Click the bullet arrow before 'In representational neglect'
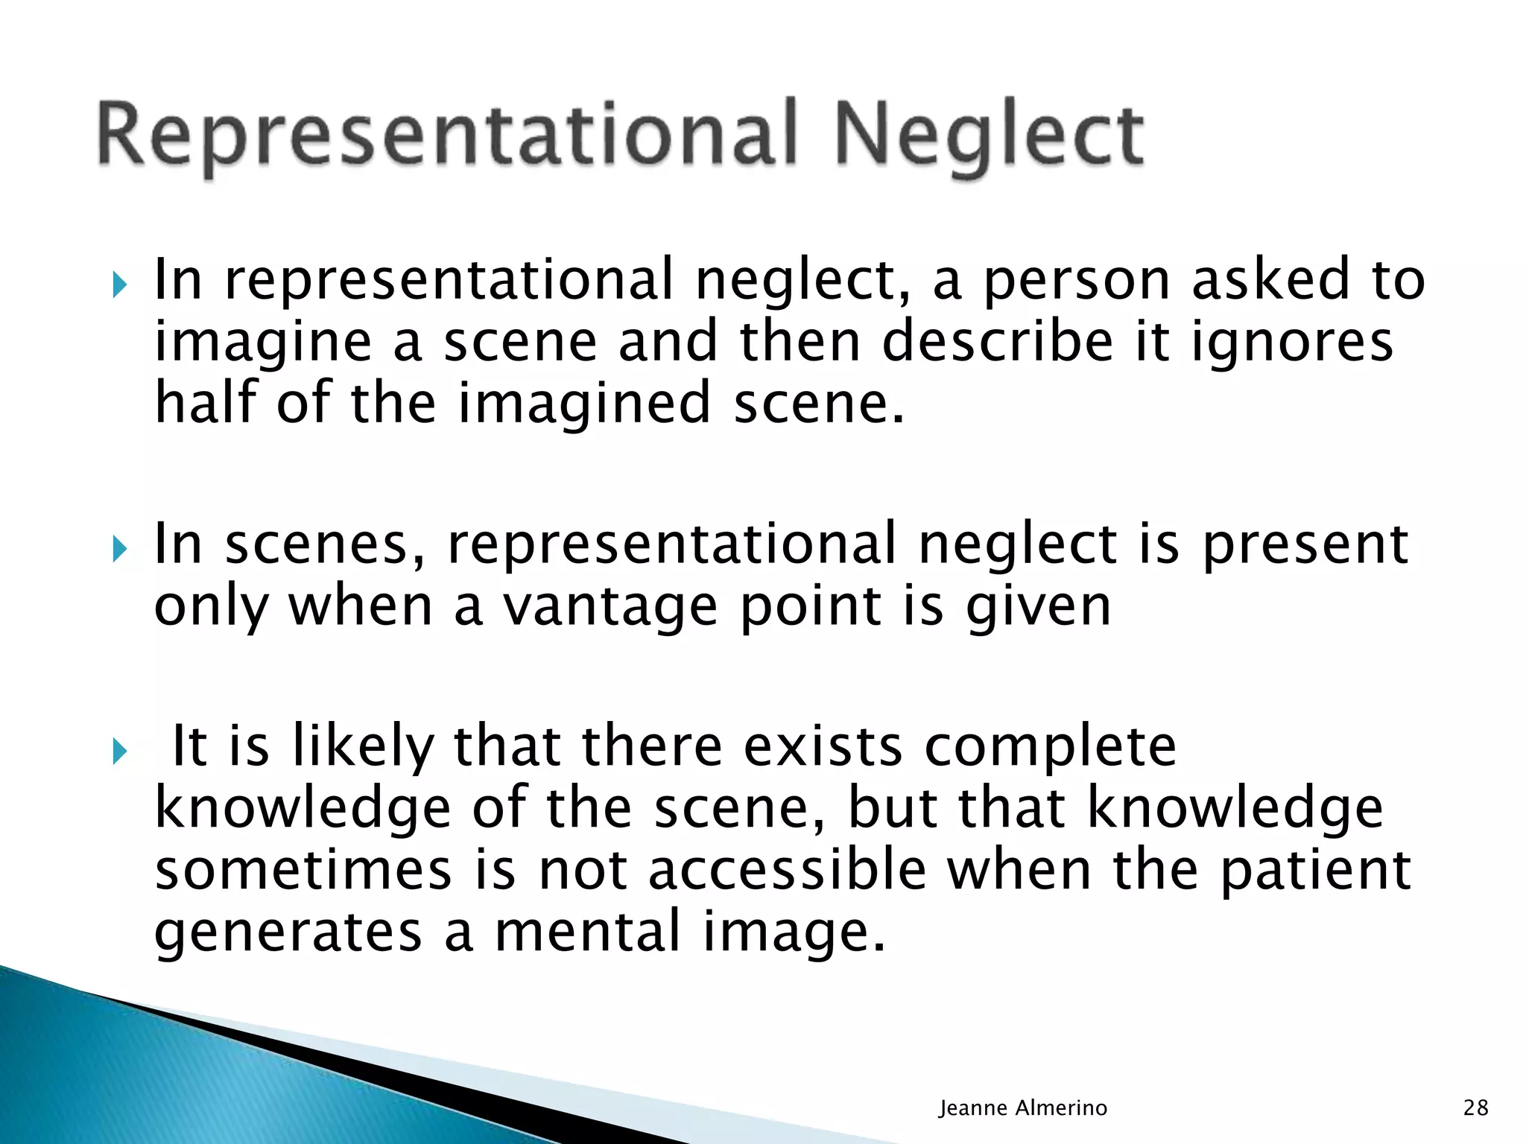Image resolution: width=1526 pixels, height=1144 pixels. click(x=119, y=284)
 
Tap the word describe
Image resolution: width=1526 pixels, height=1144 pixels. click(x=998, y=342)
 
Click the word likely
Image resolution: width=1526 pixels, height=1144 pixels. click(x=364, y=747)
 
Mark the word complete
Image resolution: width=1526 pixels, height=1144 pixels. click(x=1050, y=747)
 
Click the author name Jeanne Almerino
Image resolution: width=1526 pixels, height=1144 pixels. click(x=1022, y=1108)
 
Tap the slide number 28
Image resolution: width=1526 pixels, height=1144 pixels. click(x=1475, y=1108)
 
